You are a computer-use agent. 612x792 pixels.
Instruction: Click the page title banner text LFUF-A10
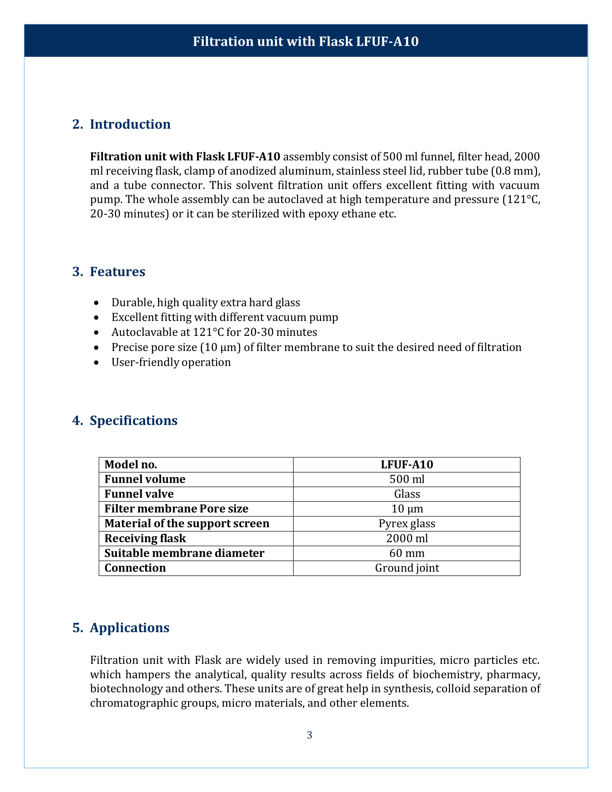pyautogui.click(x=387, y=41)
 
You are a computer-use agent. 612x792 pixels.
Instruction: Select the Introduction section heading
pyautogui.click(x=130, y=125)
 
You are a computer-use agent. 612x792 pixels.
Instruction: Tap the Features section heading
pyautogui.click(x=117, y=271)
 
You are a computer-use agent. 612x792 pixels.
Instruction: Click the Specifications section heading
pyautogui.click(x=134, y=420)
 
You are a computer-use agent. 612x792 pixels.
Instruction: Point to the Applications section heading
pyautogui.click(x=130, y=627)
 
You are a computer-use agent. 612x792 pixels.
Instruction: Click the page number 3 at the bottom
pyautogui.click(x=309, y=735)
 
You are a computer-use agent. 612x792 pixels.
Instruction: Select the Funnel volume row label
pyautogui.click(x=145, y=480)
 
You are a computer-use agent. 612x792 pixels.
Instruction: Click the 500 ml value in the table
pyautogui.click(x=407, y=480)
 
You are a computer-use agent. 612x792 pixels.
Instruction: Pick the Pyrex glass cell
pyautogui.click(x=407, y=524)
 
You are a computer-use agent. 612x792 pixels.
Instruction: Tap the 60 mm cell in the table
pyautogui.click(x=407, y=553)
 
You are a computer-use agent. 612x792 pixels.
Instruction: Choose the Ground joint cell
pyautogui.click(x=407, y=568)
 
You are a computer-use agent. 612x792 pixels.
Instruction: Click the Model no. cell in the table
pyautogui.click(x=131, y=464)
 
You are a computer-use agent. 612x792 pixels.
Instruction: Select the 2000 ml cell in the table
pyautogui.click(x=407, y=539)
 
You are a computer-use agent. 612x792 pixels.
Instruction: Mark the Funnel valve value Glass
pyautogui.click(x=407, y=494)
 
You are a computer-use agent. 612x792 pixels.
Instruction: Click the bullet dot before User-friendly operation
pyautogui.click(x=96, y=362)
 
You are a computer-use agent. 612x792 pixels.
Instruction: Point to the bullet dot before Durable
pyautogui.click(x=96, y=302)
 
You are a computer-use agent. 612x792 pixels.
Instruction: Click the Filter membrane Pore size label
pyautogui.click(x=176, y=509)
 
